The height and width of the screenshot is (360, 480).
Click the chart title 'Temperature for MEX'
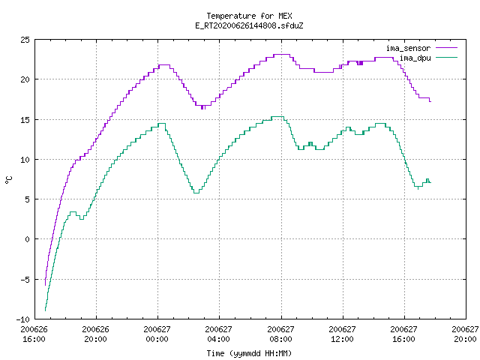(249, 16)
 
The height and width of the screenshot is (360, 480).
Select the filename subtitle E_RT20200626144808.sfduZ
(249, 25)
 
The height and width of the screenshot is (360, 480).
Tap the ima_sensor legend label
(408, 48)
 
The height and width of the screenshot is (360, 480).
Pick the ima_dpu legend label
(415, 58)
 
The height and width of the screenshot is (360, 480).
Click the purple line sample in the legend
(447, 48)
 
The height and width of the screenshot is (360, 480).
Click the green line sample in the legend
(447, 58)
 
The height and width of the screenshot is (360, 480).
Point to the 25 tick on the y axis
(25, 40)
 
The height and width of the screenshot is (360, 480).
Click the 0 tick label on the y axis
(27, 239)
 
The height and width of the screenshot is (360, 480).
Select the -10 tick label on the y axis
(23, 319)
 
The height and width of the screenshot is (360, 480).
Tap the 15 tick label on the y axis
(25, 120)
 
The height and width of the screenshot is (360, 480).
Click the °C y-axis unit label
(8, 180)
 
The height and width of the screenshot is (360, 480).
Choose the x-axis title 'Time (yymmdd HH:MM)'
(249, 353)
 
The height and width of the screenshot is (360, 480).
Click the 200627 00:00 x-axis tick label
(157, 334)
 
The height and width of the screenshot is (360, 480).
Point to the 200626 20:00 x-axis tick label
(95, 334)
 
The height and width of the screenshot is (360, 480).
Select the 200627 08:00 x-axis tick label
(280, 334)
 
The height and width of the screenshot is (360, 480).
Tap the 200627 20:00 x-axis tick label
(465, 334)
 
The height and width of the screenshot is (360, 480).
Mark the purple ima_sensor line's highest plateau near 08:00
(282, 55)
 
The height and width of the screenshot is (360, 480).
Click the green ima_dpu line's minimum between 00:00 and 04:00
(196, 193)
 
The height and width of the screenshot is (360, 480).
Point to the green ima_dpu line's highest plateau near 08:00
(277, 117)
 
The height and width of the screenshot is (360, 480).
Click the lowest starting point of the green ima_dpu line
(45, 310)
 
